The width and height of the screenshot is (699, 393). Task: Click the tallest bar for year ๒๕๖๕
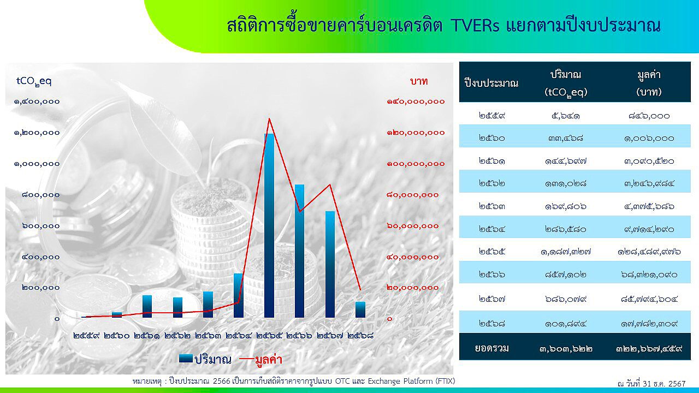pyautogui.click(x=269, y=225)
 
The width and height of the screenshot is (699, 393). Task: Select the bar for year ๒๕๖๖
pyautogui.click(x=299, y=251)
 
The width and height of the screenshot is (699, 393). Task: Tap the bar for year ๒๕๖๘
pyautogui.click(x=360, y=309)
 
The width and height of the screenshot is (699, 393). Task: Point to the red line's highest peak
pyautogui.click(x=269, y=119)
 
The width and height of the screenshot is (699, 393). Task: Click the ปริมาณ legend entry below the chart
pyautogui.click(x=205, y=359)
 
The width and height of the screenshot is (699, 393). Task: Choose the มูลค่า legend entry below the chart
pyautogui.click(x=261, y=359)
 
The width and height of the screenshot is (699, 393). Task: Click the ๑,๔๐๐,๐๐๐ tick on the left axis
pyautogui.click(x=37, y=102)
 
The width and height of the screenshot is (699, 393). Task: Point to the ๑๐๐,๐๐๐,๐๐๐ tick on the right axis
pyautogui.click(x=416, y=164)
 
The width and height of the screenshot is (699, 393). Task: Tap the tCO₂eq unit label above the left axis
pyautogui.click(x=34, y=81)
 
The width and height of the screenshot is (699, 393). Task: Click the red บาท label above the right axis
pyautogui.click(x=419, y=81)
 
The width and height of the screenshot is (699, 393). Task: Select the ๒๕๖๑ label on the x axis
pyautogui.click(x=147, y=336)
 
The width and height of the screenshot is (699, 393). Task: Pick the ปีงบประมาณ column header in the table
pyautogui.click(x=491, y=83)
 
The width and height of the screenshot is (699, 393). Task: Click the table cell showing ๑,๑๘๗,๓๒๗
pyautogui.click(x=565, y=252)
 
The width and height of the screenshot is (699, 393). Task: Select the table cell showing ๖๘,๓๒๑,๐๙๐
pyautogui.click(x=649, y=275)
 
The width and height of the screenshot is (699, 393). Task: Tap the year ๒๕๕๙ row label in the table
pyautogui.click(x=492, y=116)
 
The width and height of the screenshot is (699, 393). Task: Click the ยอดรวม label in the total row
pyautogui.click(x=492, y=348)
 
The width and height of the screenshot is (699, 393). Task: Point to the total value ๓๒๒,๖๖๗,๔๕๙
pyautogui.click(x=649, y=348)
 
